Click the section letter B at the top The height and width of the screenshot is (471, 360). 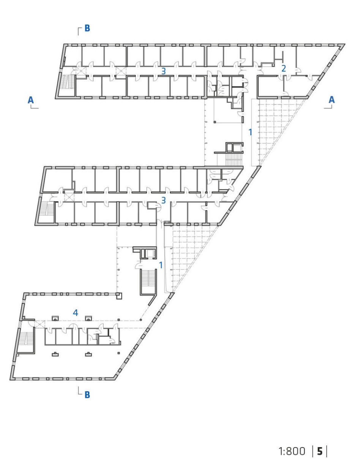tap(87, 28)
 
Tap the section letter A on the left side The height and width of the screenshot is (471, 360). tap(31, 100)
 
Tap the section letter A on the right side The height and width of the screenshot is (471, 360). tap(332, 100)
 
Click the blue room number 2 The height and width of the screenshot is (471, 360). tap(284, 69)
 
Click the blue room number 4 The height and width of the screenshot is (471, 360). tap(75, 313)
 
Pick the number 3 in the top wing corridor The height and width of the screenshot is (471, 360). tap(164, 71)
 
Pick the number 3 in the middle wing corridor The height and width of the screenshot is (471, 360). tap(164, 200)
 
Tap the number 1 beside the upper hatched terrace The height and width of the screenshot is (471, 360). tap(250, 132)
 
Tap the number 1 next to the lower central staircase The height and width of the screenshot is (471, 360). tap(161, 265)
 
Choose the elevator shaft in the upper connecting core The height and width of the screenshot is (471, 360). tap(237, 148)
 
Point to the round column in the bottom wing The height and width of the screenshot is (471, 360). tap(141, 320)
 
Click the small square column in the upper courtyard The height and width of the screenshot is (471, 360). tap(215, 122)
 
